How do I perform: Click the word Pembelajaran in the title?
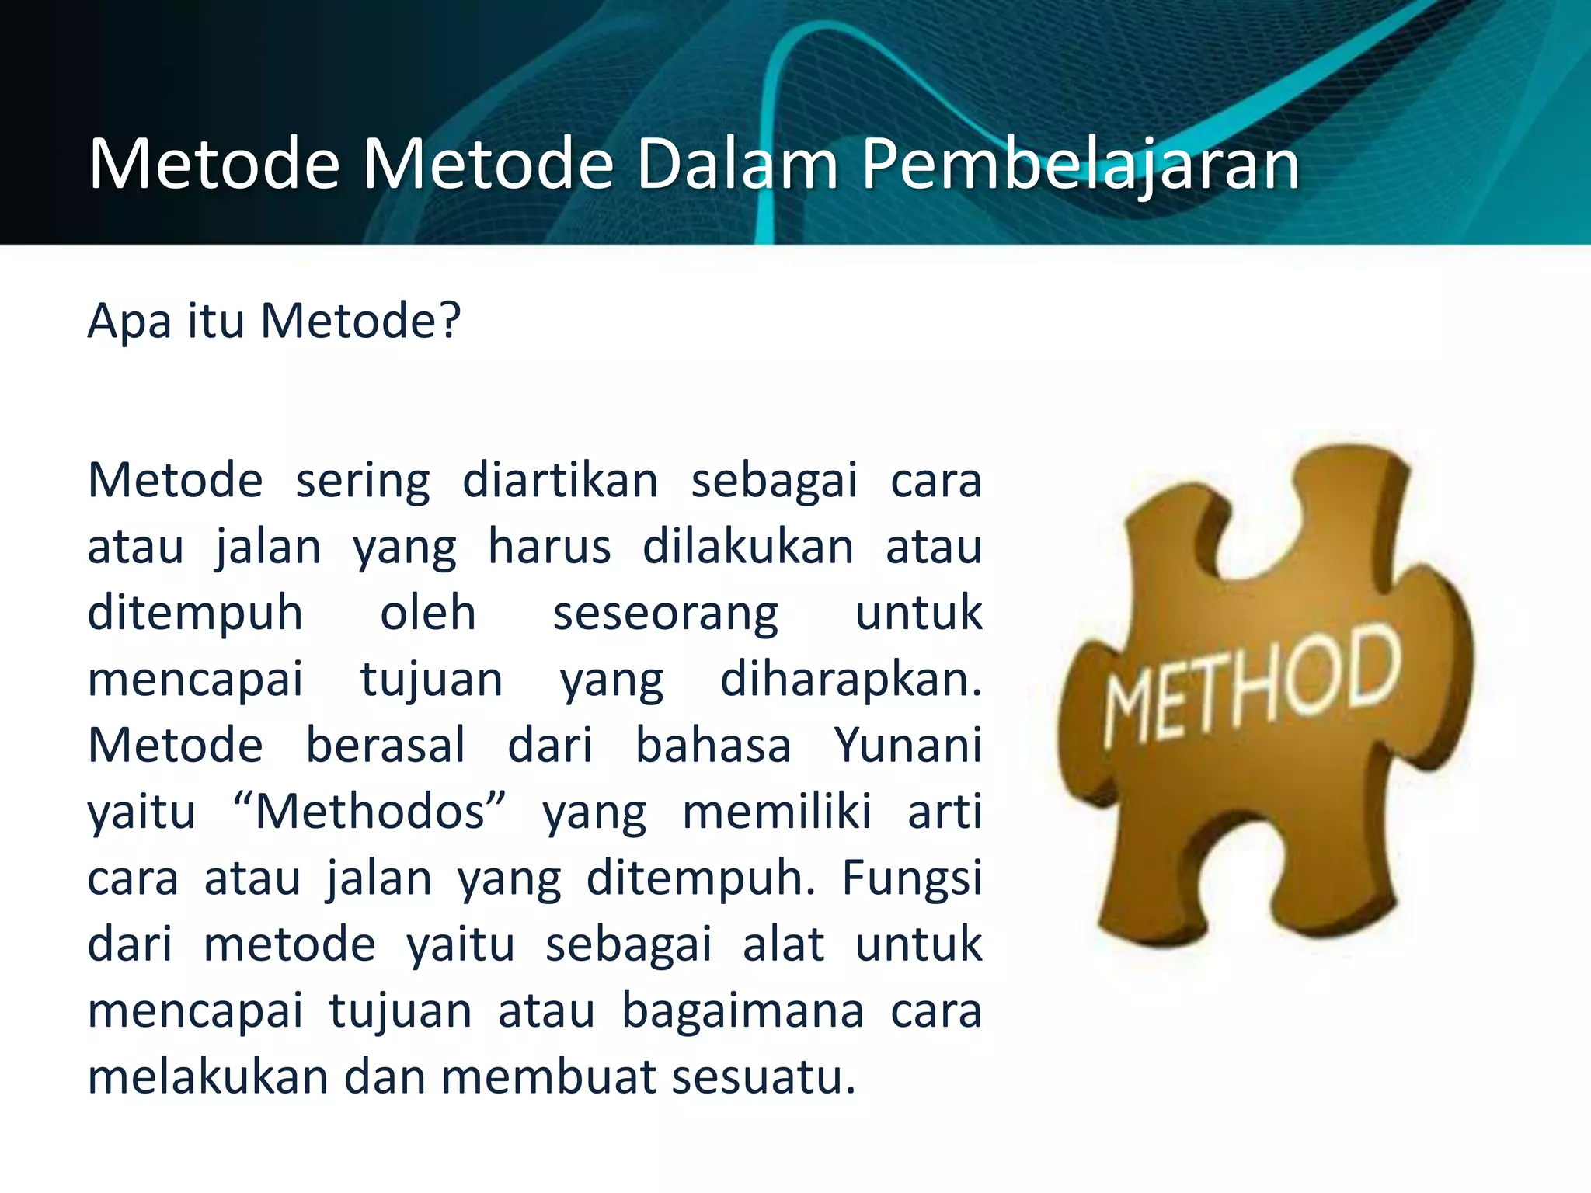1081,165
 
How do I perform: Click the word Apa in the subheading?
129,322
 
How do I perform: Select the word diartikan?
560,480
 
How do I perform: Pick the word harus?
549,547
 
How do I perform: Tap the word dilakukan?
748,547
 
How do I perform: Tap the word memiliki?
777,812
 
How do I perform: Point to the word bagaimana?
743,1012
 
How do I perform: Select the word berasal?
385,746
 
